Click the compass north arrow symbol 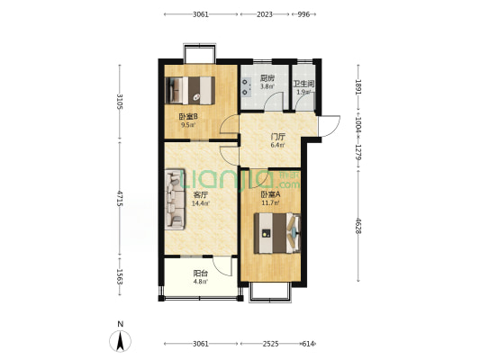coord(121,341)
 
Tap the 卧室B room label coord(188,116)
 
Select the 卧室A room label coord(270,194)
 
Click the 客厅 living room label coord(201,194)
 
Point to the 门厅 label coord(278,138)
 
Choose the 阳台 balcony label coord(201,274)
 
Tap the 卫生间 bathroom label coord(303,84)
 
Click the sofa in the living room coord(175,199)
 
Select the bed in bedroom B coord(190,91)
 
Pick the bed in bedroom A coord(277,233)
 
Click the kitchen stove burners coord(245,86)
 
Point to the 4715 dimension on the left coord(120,198)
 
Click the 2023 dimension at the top coord(265,14)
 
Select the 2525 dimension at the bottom coord(270,344)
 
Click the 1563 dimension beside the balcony coord(120,277)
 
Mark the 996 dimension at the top coord(303,14)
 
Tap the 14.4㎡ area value coord(201,203)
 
